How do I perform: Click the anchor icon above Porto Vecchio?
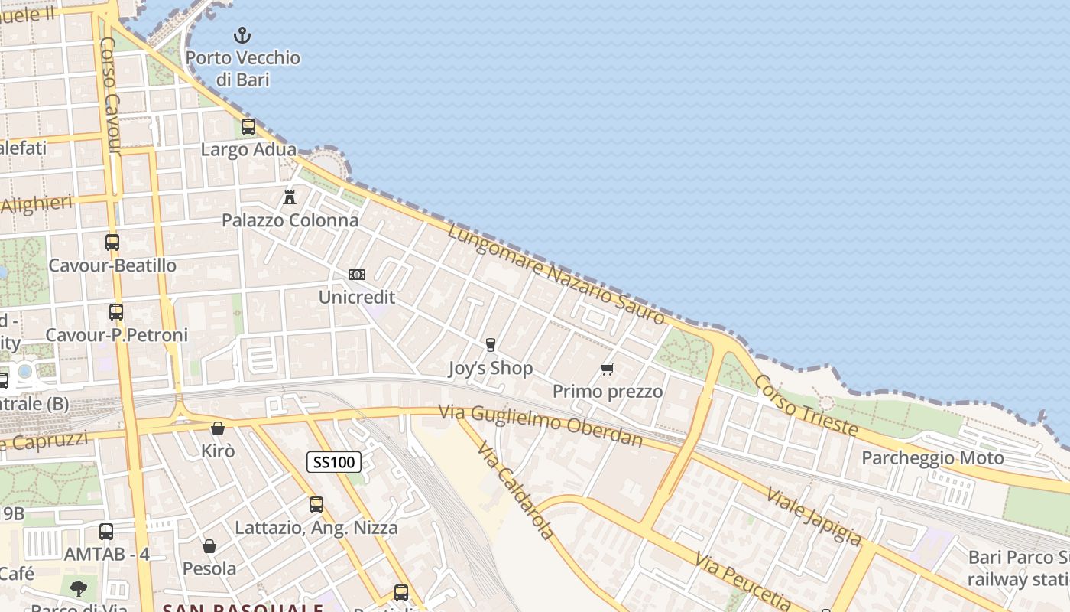242,35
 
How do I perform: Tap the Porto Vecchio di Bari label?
243,68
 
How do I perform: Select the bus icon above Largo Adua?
248,127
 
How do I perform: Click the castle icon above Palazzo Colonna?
290,197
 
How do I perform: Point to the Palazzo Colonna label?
290,220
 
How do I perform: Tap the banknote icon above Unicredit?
357,275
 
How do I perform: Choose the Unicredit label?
357,297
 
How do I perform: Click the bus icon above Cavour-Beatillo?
112,243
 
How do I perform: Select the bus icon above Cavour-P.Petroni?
116,312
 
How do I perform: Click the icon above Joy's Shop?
491,345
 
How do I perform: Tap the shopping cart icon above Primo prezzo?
608,369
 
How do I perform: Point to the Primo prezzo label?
608,392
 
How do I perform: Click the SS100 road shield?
334,462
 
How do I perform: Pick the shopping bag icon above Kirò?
218,428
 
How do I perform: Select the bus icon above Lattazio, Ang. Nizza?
316,505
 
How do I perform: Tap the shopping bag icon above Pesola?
209,546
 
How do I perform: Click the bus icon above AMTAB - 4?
106,532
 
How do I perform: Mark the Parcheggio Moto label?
932,458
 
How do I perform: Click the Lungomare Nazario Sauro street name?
556,273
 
